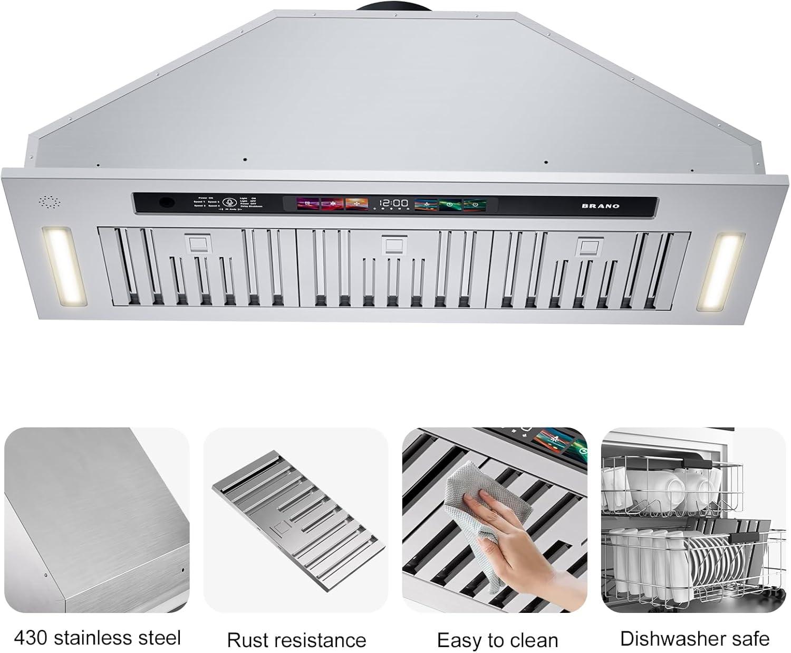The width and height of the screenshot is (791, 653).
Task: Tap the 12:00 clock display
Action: coord(394,203)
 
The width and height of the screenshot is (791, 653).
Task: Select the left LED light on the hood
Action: coord(66,267)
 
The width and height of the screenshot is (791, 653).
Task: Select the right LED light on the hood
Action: coord(721,272)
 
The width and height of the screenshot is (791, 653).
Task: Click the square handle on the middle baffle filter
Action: coord(393,245)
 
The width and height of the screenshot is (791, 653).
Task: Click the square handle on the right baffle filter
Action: coord(587,246)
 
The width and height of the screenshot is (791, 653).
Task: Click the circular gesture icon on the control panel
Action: coord(229,203)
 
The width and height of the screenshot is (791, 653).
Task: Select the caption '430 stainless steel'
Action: coord(97,638)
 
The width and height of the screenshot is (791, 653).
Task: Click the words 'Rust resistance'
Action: coord(296,640)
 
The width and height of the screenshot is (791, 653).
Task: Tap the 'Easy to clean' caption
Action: coord(497,640)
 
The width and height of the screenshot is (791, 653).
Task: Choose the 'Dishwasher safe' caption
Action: coord(694,638)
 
